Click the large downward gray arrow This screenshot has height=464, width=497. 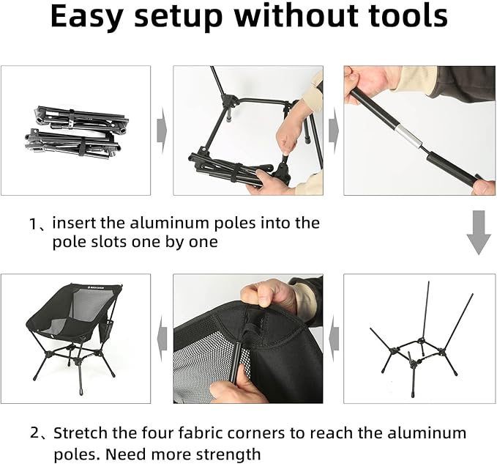pos(479,232)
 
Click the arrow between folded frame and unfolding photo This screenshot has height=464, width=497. pos(162,130)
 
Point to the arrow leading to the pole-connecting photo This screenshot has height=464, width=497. pos(334,130)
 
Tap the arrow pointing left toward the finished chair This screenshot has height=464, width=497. pos(162,339)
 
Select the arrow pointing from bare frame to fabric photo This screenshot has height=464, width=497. pos(334,339)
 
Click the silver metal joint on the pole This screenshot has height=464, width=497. pos(408,136)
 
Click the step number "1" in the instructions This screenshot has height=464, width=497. pos(34,224)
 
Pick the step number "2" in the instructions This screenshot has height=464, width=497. pos(34,433)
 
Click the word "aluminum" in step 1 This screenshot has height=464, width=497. pos(170,223)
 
